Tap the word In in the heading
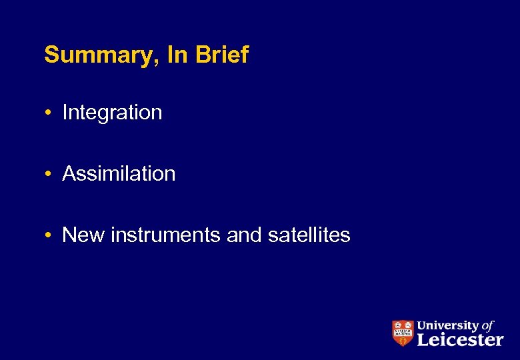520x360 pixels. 178,55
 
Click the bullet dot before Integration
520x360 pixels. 50,113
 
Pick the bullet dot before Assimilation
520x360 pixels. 50,174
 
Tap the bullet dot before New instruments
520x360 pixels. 50,235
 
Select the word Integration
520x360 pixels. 112,113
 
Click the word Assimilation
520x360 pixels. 119,174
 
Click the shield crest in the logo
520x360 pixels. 402,333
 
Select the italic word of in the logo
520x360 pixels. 487,325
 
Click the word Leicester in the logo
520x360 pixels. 460,340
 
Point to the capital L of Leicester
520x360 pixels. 423,340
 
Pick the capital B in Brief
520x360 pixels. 201,55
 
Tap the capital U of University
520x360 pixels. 421,326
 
